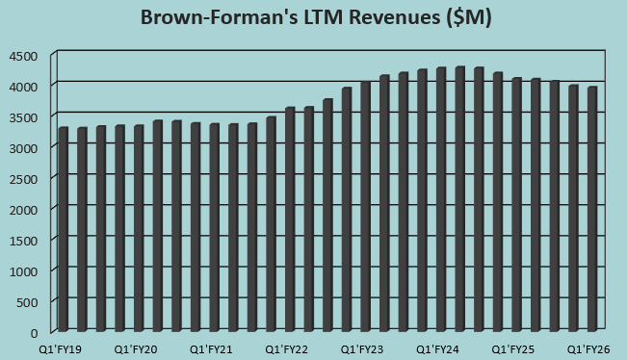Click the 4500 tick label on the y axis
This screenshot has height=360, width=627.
click(24, 56)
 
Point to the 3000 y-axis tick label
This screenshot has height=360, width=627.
click(24, 147)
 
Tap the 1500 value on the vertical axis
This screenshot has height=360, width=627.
click(24, 240)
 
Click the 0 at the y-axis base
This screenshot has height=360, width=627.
click(34, 332)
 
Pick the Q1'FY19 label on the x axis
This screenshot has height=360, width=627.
click(60, 350)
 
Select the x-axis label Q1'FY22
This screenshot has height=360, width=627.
click(286, 350)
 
